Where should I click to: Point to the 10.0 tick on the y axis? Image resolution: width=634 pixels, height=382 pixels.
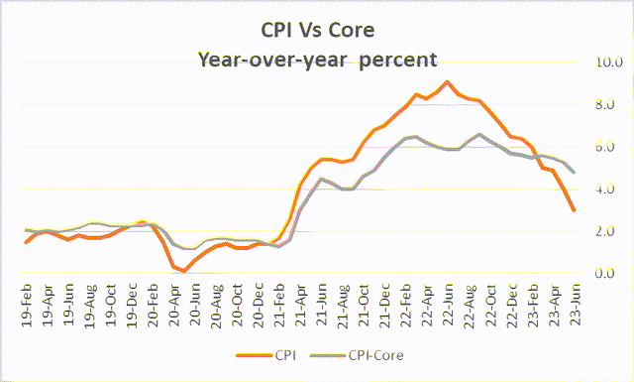point(609,63)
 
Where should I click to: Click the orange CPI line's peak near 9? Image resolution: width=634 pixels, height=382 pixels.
point(448,81)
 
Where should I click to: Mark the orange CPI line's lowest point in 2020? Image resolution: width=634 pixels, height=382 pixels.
point(184,271)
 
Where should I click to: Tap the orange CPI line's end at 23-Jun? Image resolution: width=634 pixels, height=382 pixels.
point(574,209)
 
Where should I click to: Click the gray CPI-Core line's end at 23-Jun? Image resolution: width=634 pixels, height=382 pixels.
point(574,172)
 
